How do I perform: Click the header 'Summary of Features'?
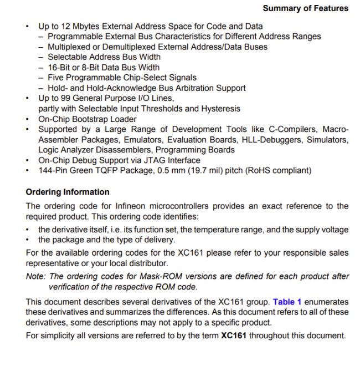[x=305, y=8]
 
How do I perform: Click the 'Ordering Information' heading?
[x=68, y=192]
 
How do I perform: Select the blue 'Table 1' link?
[x=287, y=302]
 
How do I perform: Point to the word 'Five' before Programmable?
[x=56, y=78]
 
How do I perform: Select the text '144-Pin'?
[x=53, y=170]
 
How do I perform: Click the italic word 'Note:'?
[x=37, y=277]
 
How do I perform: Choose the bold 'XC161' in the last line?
[x=232, y=336]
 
